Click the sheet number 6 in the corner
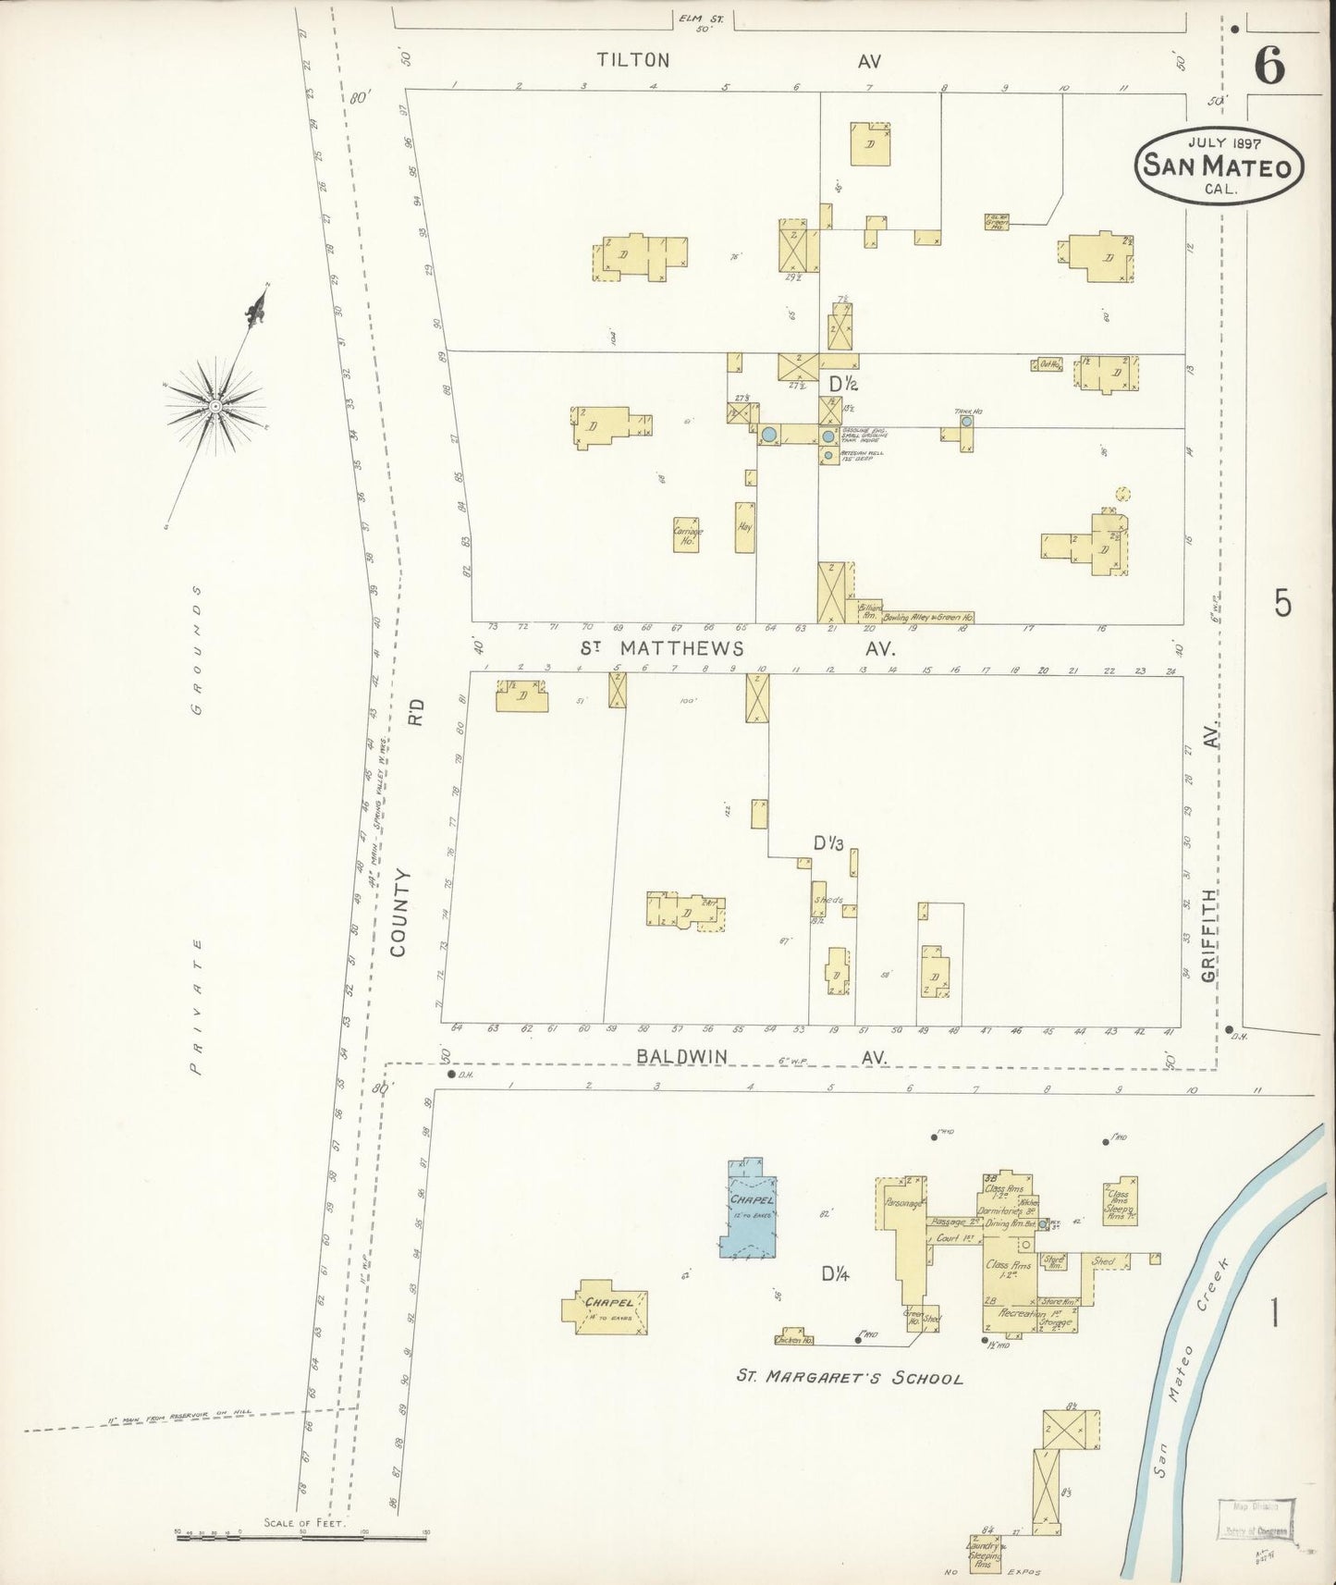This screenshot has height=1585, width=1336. pyautogui.click(x=1269, y=66)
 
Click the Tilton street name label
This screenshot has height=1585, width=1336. pyautogui.click(x=633, y=60)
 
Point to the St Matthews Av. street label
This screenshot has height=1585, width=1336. pyautogui.click(x=682, y=648)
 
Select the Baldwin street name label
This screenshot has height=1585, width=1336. pyautogui.click(x=681, y=1056)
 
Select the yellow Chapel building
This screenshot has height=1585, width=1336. pyautogui.click(x=606, y=1308)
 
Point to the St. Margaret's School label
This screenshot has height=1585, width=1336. pyautogui.click(x=849, y=1378)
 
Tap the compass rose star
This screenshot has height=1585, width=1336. pyautogui.click(x=214, y=406)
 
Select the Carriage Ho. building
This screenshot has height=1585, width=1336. pyautogui.click(x=686, y=534)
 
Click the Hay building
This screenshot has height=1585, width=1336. pyautogui.click(x=745, y=527)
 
